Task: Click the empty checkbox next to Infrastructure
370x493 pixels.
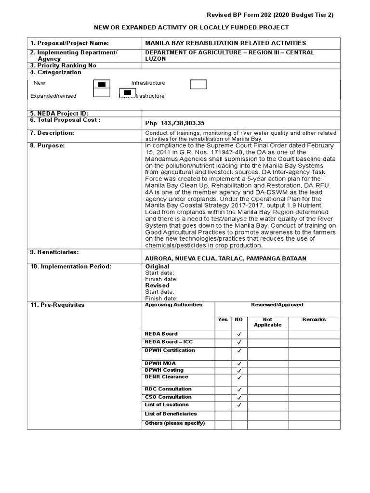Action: coord(198,84)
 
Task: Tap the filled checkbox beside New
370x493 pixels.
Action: coord(102,84)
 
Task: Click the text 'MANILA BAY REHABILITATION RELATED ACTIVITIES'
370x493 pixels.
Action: coord(225,43)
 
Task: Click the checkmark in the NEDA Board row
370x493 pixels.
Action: coord(239,334)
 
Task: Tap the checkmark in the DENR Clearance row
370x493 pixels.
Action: coord(239,378)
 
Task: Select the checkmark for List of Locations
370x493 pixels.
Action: coord(239,406)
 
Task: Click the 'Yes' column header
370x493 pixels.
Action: coord(223,320)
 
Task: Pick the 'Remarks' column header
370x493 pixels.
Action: coord(314,320)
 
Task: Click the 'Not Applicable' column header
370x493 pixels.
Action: coord(267,322)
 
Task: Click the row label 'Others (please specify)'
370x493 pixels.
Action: coord(175,423)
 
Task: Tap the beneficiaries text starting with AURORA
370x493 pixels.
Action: coord(225,259)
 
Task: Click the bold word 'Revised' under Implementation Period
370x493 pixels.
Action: coord(158,285)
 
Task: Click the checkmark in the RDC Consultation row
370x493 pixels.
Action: coord(239,390)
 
